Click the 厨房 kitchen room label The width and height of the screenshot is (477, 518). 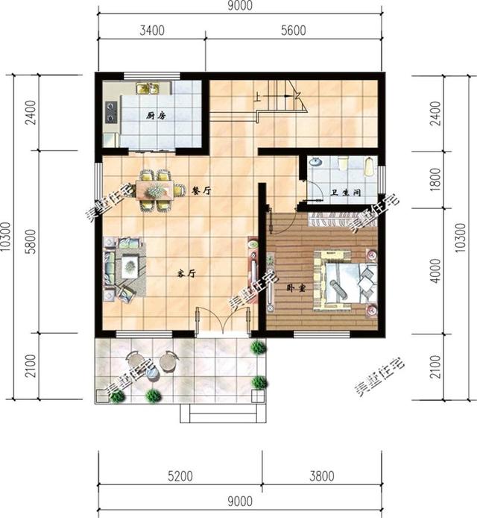click(x=155, y=116)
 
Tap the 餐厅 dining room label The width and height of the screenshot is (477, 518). click(x=201, y=190)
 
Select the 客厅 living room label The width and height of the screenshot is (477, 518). click(x=186, y=273)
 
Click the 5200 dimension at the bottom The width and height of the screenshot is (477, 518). click(x=180, y=475)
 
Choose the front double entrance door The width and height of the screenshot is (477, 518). click(x=211, y=322)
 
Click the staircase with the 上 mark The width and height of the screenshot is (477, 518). click(x=279, y=100)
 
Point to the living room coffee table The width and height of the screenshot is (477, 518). click(x=131, y=264)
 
